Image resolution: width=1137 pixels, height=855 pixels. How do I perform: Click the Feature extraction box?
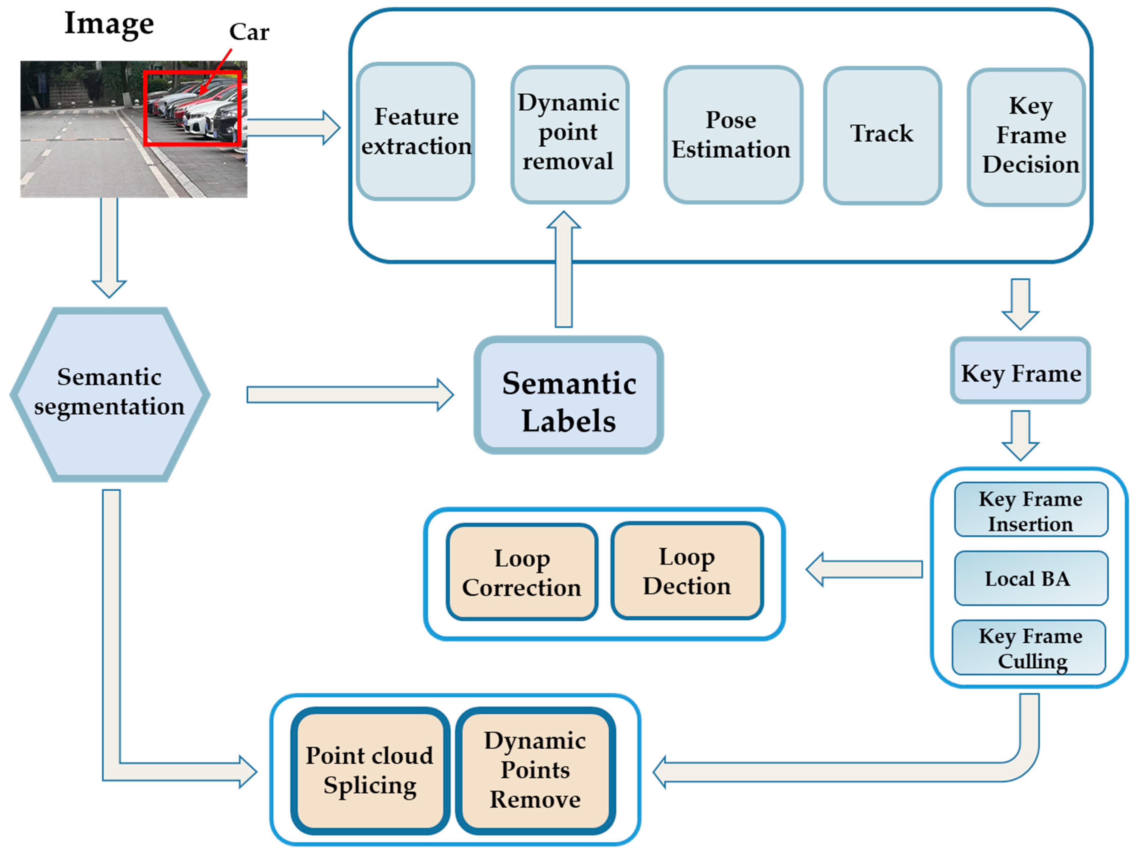click(415, 132)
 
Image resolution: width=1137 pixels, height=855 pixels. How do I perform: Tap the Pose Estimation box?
click(732, 135)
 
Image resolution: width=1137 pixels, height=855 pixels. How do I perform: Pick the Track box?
click(882, 135)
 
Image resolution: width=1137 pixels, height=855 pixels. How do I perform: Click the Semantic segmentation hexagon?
click(110, 394)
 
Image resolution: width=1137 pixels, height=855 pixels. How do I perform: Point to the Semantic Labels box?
click(569, 395)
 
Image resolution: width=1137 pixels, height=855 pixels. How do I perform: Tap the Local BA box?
click(1031, 578)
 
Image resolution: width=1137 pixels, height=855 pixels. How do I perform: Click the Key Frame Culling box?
click(1029, 647)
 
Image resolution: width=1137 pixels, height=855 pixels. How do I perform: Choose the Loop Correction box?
click(522, 572)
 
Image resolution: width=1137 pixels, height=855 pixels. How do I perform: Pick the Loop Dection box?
click(687, 571)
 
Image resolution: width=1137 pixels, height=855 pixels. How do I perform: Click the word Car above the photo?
click(249, 32)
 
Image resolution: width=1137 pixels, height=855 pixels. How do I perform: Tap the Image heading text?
click(109, 24)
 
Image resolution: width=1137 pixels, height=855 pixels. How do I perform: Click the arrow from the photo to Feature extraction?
click(293, 127)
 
